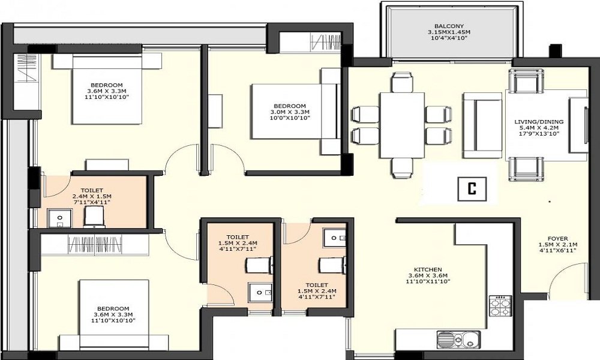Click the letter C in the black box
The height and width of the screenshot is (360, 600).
[x=472, y=189]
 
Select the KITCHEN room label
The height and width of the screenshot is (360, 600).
[x=428, y=269]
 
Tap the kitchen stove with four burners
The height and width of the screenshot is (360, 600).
[x=500, y=307]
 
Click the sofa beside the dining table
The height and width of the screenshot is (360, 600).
[x=482, y=126]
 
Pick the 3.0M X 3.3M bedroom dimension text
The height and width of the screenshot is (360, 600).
[x=290, y=113]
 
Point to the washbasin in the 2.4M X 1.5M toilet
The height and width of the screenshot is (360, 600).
[x=58, y=218]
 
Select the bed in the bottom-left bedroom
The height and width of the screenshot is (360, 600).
[x=114, y=315]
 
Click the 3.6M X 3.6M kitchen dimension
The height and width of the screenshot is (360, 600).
[x=428, y=276]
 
